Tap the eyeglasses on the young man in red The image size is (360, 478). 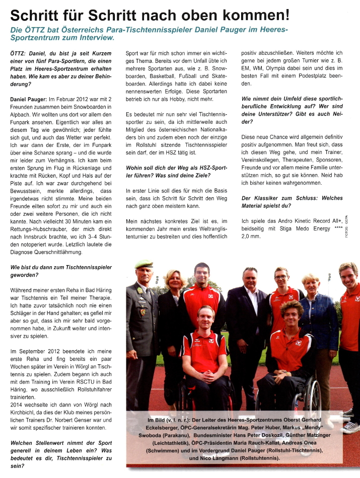pyautogui.click(x=280, y=276)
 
